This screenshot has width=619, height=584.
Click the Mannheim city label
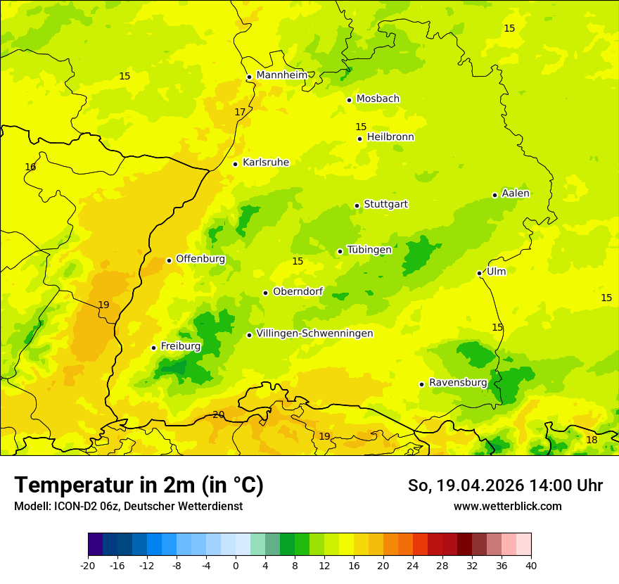pos(281,75)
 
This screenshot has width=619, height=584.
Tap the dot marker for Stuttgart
pos(357,205)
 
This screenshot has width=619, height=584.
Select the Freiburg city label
pos(180,346)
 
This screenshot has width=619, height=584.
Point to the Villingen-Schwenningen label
pos(314,334)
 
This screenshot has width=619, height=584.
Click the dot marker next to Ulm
pos(479,273)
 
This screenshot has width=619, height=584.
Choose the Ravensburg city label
pos(458,383)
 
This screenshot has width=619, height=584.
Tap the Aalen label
pos(516,193)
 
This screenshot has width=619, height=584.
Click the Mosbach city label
pos(378,99)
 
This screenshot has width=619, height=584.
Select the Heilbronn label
pos(390,137)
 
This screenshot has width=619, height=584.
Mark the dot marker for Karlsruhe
pos(235,164)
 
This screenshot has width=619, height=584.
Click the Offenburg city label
pos(200,259)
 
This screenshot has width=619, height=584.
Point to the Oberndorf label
pos(298,291)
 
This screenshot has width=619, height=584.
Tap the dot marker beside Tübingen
pos(340,251)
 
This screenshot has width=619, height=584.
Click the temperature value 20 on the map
pos(218,414)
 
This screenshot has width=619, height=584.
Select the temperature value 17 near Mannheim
pos(240,112)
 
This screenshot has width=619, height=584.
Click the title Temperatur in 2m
pos(139,485)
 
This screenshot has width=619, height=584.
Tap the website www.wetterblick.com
pos(507,506)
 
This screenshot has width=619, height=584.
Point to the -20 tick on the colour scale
pos(88,565)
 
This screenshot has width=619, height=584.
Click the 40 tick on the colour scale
pos(530,565)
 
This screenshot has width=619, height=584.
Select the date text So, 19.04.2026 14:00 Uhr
pos(505,485)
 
